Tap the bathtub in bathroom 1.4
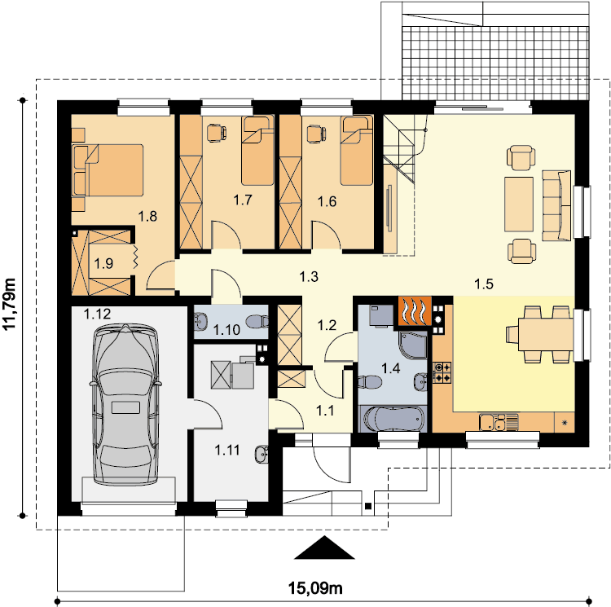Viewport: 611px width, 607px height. tap(393, 420)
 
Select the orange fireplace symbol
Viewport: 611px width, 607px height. tap(415, 310)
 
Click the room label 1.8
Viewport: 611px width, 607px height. tap(147, 216)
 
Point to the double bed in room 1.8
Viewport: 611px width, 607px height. tap(108, 169)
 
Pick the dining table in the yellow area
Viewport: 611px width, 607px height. tap(546, 334)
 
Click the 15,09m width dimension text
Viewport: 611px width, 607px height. tap(315, 587)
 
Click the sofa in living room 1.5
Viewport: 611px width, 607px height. tap(556, 205)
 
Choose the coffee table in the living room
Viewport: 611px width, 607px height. tap(519, 205)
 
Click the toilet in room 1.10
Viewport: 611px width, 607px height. tap(257, 321)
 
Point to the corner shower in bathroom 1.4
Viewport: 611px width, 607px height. tap(413, 345)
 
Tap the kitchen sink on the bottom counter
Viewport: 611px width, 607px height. tap(499, 422)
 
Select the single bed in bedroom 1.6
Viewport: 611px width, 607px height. tap(357, 151)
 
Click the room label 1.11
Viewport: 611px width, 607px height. tap(227, 451)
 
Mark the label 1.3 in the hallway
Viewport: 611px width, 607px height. tap(309, 277)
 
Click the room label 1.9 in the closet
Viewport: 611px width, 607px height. tap(103, 264)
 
